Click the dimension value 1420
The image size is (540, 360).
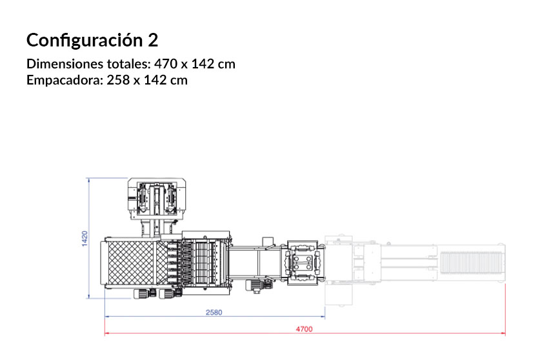tap(84, 238)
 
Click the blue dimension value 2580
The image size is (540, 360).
tap(214, 313)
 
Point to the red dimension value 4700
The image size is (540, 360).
tap(305, 329)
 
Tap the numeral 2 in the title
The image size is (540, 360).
tap(152, 40)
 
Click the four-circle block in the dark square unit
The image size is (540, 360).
tap(303, 264)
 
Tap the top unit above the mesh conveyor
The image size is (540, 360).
tap(157, 196)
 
